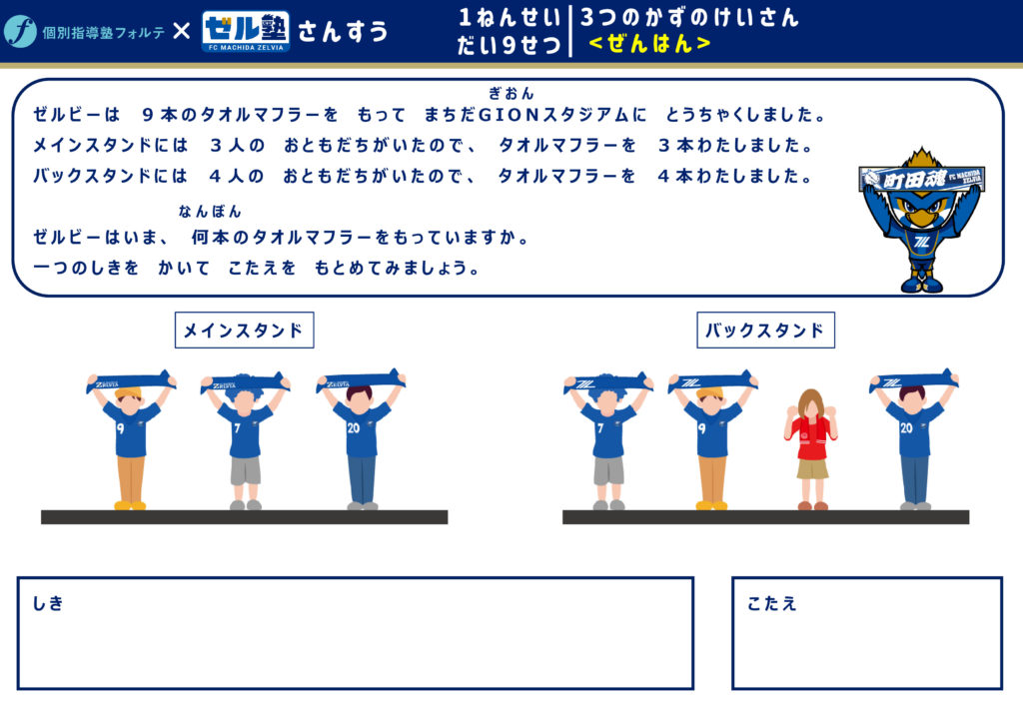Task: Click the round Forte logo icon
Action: [x=20, y=31]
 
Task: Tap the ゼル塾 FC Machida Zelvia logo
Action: [x=246, y=31]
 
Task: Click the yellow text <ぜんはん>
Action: [x=649, y=44]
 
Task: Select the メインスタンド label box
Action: [x=244, y=330]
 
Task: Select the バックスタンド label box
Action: [x=765, y=330]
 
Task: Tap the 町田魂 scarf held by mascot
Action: [x=922, y=177]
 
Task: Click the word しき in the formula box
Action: [x=48, y=604]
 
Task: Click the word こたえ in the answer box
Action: [x=772, y=604]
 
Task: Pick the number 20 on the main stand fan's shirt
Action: [x=353, y=427]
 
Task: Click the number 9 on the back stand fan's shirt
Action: [x=702, y=428]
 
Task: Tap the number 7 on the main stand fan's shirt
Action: [x=237, y=428]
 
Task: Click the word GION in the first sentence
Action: [x=509, y=115]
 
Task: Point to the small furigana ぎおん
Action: [x=511, y=94]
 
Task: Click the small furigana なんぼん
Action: [x=210, y=212]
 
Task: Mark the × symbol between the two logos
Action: [x=182, y=31]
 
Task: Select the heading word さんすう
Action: [x=343, y=31]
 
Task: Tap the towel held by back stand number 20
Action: [x=912, y=380]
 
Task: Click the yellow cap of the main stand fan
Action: [x=129, y=393]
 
